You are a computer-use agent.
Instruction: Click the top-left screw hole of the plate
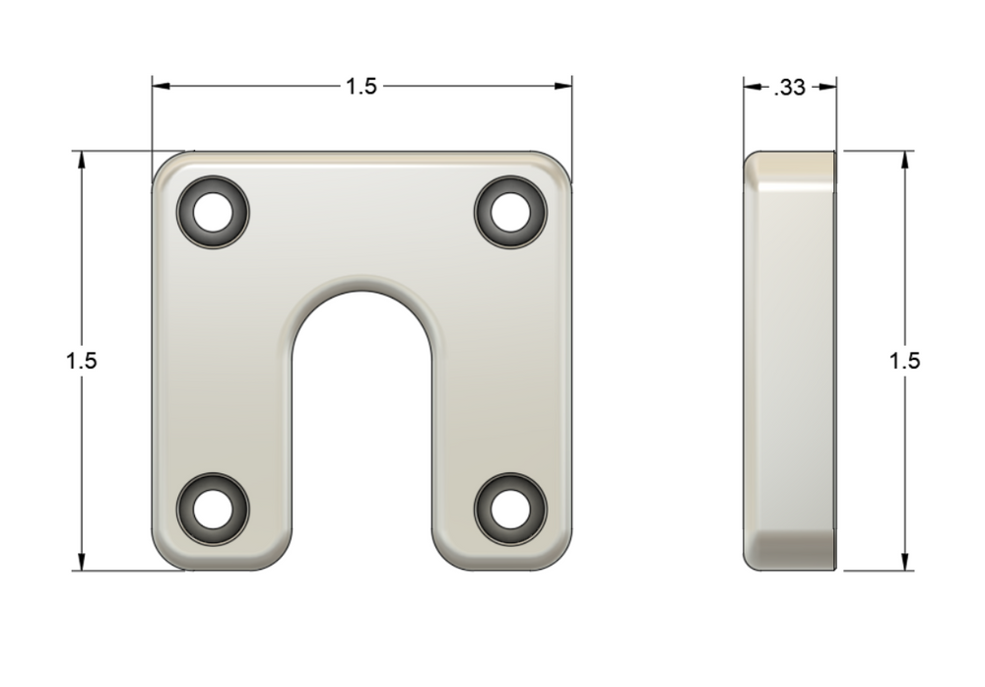coord(212,211)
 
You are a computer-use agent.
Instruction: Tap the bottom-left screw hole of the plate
coord(212,510)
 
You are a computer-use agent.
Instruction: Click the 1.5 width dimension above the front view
coord(361,87)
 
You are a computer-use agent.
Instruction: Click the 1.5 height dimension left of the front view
coord(82,361)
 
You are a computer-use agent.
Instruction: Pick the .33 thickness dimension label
coord(790,87)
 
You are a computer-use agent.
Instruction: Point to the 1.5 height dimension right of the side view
coord(904,361)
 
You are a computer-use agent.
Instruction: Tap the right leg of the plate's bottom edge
coord(502,568)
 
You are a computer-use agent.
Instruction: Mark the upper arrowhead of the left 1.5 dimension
coord(82,161)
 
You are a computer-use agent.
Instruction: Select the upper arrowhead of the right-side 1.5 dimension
coord(904,161)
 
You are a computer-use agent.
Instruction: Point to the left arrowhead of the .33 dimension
coord(752,87)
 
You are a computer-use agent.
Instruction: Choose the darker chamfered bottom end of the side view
coord(790,547)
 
